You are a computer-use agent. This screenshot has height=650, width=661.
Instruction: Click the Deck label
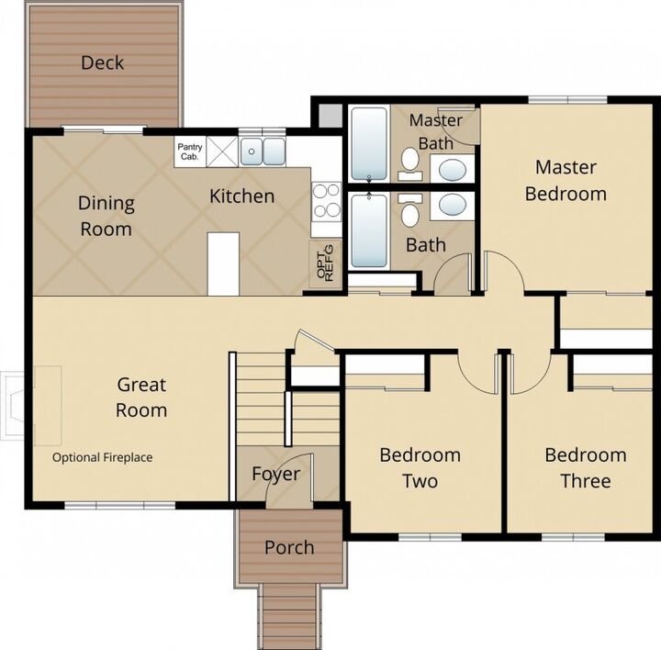[x=103, y=62]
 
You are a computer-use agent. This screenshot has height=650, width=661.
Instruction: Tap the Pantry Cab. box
[x=190, y=151]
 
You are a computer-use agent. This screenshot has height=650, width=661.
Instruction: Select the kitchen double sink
[x=263, y=151]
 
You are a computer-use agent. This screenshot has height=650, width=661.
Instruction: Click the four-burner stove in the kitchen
[x=326, y=202]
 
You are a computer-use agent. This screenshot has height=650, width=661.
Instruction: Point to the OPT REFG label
[x=325, y=263]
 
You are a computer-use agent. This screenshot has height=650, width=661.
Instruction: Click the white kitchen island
[x=223, y=263]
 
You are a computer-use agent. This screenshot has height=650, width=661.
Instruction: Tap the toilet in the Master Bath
[x=409, y=163]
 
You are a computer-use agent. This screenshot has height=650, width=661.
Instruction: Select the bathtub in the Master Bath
[x=369, y=144]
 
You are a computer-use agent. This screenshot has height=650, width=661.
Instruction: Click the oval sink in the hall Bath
[x=453, y=206]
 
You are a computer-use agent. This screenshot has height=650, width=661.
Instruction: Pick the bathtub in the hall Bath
[x=369, y=230]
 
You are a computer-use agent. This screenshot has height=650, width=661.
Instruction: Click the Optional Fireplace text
[x=103, y=457]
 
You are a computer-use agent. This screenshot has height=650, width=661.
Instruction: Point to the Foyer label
[x=276, y=475]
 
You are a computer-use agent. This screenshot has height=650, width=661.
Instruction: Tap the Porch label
[x=289, y=547]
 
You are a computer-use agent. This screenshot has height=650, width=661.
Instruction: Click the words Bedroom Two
[x=420, y=468]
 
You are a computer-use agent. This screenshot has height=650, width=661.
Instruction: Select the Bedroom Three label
[x=586, y=468]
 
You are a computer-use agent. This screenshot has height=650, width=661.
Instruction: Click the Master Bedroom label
[x=566, y=181]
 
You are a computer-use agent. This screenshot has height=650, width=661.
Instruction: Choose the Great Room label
[x=141, y=398]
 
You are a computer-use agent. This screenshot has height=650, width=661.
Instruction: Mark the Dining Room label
[x=106, y=217]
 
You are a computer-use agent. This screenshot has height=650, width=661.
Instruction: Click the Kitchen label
[x=242, y=196]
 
